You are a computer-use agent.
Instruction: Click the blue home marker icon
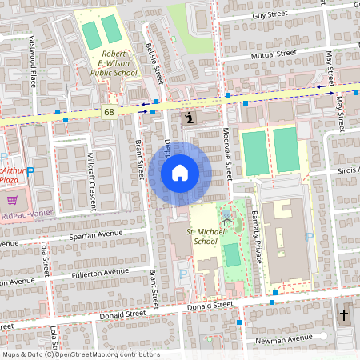coord(180,172)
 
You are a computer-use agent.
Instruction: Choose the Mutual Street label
coord(274,54)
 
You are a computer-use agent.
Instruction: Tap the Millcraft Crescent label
coord(93,169)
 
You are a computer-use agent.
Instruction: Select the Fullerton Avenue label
coord(98,273)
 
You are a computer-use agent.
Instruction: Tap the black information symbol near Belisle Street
coord(188,118)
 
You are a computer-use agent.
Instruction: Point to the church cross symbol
coord(345,315)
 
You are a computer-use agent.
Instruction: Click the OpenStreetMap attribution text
coord(81,354)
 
